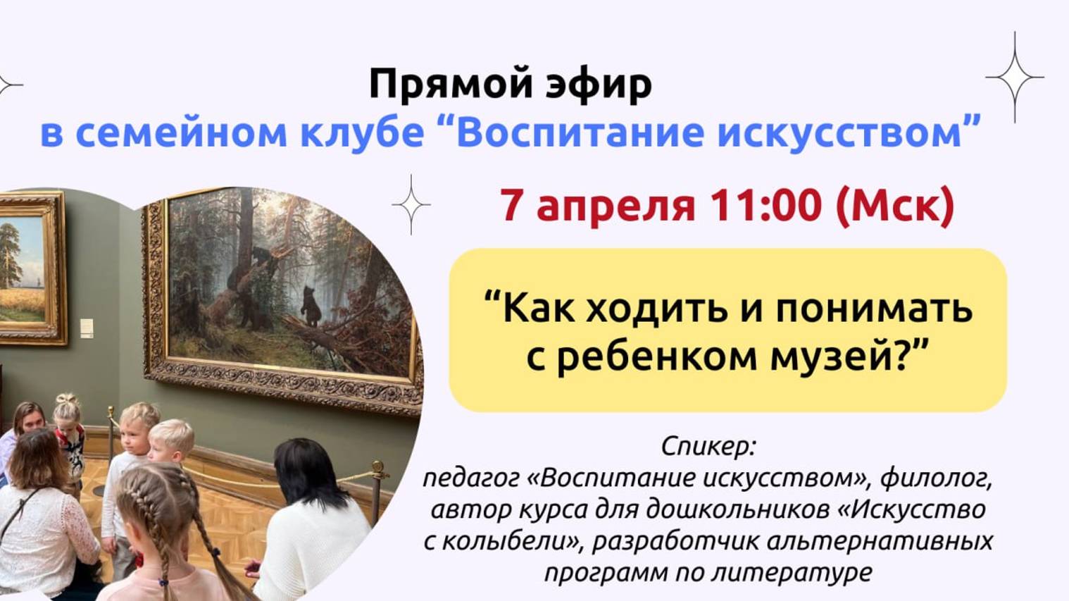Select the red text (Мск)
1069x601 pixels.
(x=894, y=205)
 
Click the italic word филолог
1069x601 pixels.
(x=936, y=478)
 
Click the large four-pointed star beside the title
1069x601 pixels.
(x=1015, y=77)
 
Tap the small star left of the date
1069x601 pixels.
(x=411, y=204)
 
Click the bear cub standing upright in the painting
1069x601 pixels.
(x=310, y=304)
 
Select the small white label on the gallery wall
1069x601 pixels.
(x=87, y=328)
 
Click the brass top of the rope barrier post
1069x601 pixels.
(x=378, y=467)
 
